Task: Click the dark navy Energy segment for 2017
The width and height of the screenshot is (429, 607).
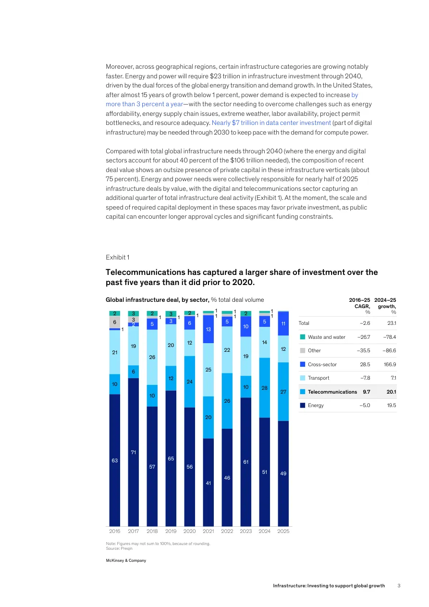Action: [134, 452]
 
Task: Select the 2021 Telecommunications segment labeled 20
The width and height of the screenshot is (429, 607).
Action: [208, 417]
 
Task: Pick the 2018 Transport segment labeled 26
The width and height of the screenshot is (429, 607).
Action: [152, 357]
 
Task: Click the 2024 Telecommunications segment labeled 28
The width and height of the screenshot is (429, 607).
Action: [265, 387]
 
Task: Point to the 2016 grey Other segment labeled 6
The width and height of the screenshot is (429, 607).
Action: [115, 322]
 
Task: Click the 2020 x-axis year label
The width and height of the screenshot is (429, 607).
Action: [190, 532]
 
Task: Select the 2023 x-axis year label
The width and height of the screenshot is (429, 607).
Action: [246, 532]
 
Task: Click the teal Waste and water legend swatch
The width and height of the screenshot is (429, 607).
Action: [303, 337]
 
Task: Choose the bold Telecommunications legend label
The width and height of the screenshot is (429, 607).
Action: [332, 392]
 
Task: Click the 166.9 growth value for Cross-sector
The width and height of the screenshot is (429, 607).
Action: [390, 364]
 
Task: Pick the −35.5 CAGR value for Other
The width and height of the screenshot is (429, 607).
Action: [363, 351]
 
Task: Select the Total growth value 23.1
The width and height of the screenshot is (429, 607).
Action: [391, 323]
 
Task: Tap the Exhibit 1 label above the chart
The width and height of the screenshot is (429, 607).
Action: [117, 258]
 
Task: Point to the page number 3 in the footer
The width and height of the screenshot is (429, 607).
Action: [399, 585]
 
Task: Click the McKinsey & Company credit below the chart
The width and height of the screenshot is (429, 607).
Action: [126, 560]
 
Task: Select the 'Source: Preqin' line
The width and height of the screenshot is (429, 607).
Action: [119, 548]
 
